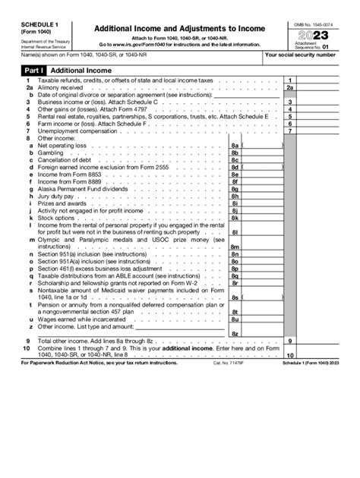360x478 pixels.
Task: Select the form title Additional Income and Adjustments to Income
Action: [x=178, y=28]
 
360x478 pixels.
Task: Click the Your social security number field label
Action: [x=309, y=55]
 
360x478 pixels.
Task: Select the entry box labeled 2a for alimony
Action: [x=290, y=88]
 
